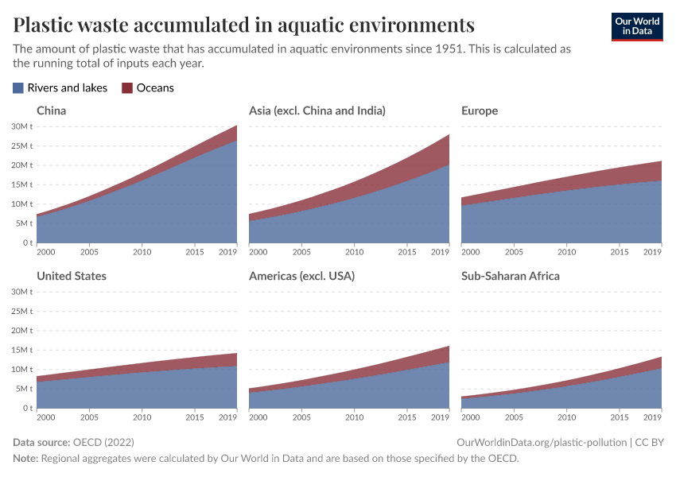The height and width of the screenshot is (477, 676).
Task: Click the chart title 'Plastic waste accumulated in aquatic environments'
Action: click(x=244, y=24)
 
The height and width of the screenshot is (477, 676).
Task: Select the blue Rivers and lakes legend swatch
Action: click(x=18, y=88)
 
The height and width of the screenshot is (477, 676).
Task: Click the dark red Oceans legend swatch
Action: click(x=127, y=88)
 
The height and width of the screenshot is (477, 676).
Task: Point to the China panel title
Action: click(x=51, y=111)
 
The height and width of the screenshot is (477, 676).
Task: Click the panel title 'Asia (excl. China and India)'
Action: click(x=317, y=111)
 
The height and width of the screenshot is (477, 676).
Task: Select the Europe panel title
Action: click(x=479, y=111)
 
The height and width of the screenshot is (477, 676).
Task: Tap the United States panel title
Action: click(x=72, y=276)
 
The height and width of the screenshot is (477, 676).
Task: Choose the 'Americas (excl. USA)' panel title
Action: click(x=301, y=276)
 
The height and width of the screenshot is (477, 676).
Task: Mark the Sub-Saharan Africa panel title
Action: click(x=510, y=276)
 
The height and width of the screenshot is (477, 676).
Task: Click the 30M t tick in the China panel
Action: click(x=21, y=126)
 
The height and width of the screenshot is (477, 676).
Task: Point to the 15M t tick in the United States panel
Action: click(x=21, y=350)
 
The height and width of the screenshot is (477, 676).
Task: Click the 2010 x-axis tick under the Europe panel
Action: click(x=566, y=252)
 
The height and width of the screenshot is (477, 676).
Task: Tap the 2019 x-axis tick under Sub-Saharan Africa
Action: click(x=652, y=417)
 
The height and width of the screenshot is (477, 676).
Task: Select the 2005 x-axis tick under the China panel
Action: click(x=89, y=252)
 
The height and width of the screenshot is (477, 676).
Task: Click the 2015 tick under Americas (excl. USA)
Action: click(x=406, y=417)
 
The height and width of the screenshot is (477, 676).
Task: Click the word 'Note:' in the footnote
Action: click(x=26, y=458)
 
